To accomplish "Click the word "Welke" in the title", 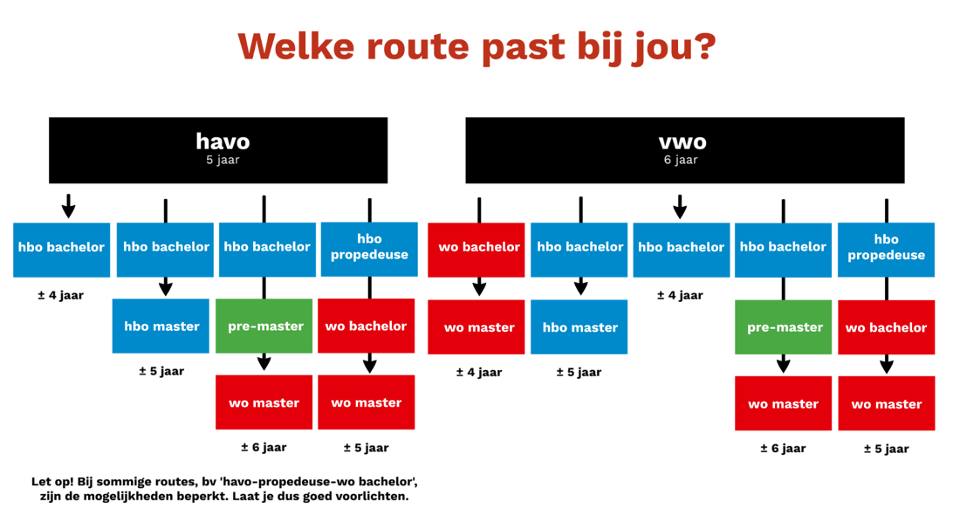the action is tap(296, 46).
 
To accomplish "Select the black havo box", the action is tap(218, 150).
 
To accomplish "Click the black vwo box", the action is tap(685, 150).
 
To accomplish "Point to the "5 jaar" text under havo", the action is tap(223, 160).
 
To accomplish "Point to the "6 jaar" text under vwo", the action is tap(681, 160).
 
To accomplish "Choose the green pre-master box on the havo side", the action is tap(264, 326).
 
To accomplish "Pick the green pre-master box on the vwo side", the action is tap(783, 327).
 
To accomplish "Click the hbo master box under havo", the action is tap(161, 326).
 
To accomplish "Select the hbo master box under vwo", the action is tap(579, 327).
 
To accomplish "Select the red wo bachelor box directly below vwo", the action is tap(476, 250).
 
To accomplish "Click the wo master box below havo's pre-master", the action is tap(264, 402).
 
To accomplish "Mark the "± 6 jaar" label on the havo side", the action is tap(264, 448).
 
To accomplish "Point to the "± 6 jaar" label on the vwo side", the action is tap(783, 449).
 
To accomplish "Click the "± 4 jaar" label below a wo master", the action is tap(479, 372).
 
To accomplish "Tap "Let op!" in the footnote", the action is tap(52, 482).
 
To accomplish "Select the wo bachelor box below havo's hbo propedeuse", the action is tap(366, 326).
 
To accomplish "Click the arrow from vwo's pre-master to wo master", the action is tap(784, 364).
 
